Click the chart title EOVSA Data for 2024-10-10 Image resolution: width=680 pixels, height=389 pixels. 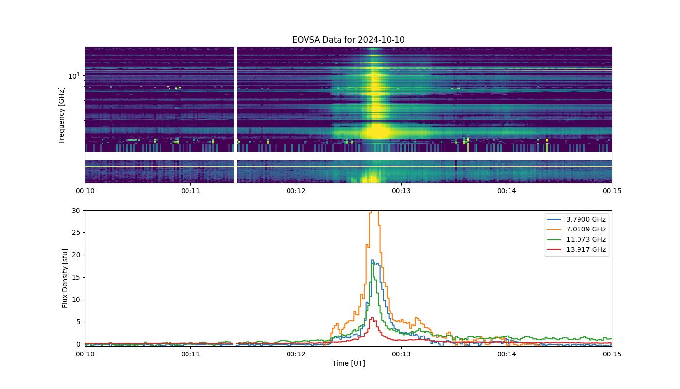tap(348, 40)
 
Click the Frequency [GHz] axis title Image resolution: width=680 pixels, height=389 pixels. tap(61, 115)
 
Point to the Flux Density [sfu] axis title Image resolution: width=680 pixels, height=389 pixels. tap(65, 278)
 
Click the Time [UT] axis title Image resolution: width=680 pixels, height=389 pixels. tap(349, 363)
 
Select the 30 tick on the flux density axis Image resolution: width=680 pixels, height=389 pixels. tap(76, 210)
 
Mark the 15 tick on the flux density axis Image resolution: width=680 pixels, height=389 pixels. tap(76, 277)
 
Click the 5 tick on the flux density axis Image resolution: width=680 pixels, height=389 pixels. tap(78, 322)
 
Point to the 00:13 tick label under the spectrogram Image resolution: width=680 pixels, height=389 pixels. tap(401, 191)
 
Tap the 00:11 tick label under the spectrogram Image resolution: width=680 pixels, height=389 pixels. tap(190, 191)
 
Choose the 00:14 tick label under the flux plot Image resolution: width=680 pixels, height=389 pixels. tap(507, 354)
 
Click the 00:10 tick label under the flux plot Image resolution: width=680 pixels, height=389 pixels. tap(85, 354)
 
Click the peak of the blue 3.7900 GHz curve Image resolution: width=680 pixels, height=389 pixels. tap(372, 260)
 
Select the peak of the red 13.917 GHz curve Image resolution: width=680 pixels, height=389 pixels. tap(372, 317)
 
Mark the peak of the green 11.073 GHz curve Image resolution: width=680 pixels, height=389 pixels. tap(373, 263)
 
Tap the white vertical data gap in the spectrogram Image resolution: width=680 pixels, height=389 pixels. tap(235, 115)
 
